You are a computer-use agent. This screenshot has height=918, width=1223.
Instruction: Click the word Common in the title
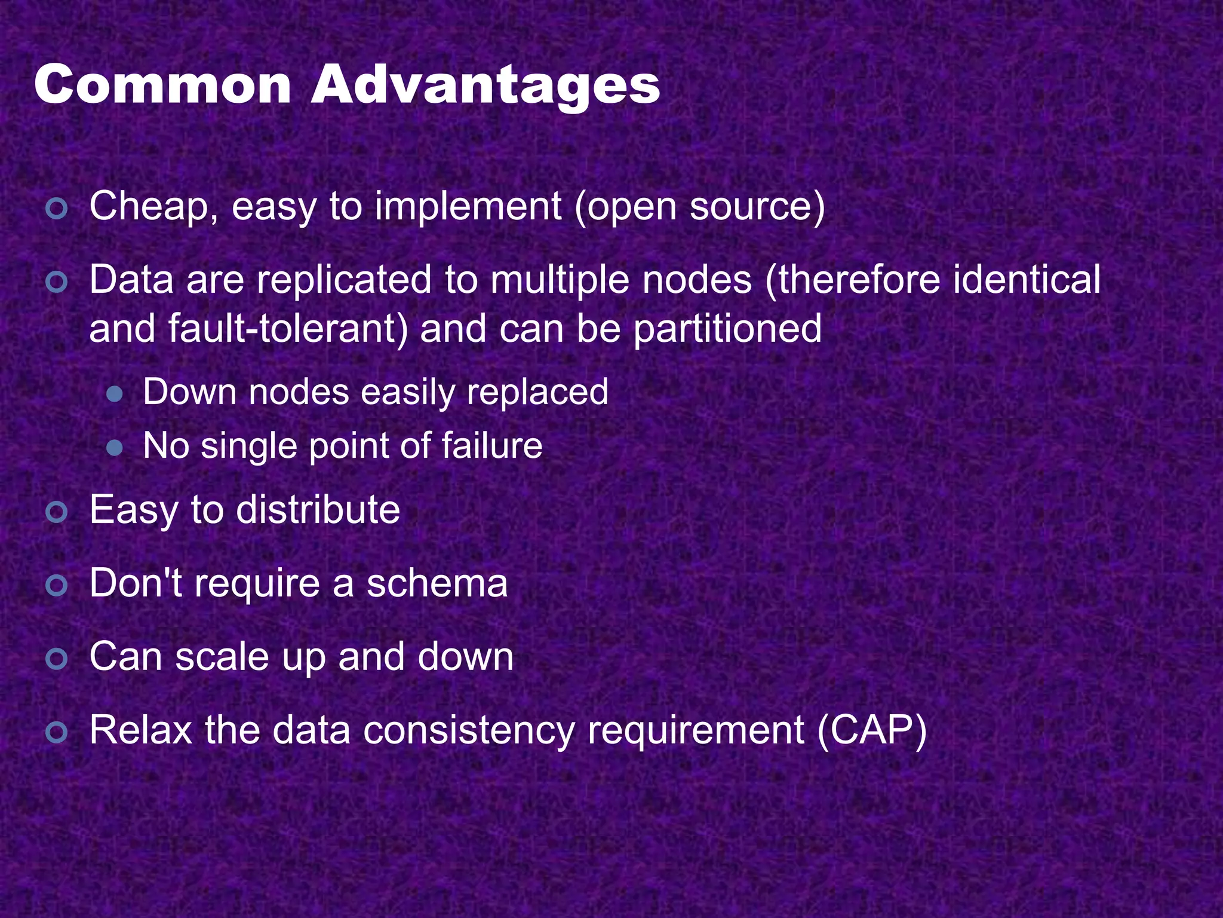click(x=162, y=85)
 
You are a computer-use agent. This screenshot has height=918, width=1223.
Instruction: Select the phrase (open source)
click(x=699, y=207)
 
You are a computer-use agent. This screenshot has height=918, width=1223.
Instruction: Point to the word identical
click(x=1027, y=280)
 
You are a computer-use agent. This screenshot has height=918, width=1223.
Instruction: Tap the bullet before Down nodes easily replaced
click(x=114, y=394)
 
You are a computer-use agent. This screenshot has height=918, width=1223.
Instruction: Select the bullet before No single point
click(x=114, y=448)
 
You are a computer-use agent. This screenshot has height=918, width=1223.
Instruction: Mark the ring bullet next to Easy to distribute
click(x=57, y=512)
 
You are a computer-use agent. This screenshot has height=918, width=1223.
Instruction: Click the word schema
click(x=437, y=583)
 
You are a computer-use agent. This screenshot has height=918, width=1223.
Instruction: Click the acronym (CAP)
click(x=871, y=730)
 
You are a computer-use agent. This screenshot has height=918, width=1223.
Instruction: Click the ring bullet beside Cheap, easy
click(x=57, y=209)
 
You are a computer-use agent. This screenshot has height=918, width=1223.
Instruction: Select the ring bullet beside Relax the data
click(x=57, y=733)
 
